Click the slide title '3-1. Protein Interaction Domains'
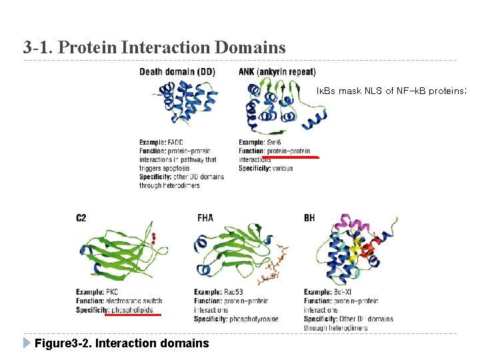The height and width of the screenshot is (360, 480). [154, 47]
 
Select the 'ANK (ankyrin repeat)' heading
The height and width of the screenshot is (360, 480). [277, 72]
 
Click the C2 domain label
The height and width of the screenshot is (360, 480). [81, 217]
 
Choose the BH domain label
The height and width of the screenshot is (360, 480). [309, 217]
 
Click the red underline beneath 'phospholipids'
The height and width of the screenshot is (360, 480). [133, 314]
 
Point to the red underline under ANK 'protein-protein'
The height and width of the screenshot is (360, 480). [292, 157]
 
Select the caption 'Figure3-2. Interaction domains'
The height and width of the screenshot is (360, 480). [121, 343]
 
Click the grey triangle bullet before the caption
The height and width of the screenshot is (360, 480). [27, 343]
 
